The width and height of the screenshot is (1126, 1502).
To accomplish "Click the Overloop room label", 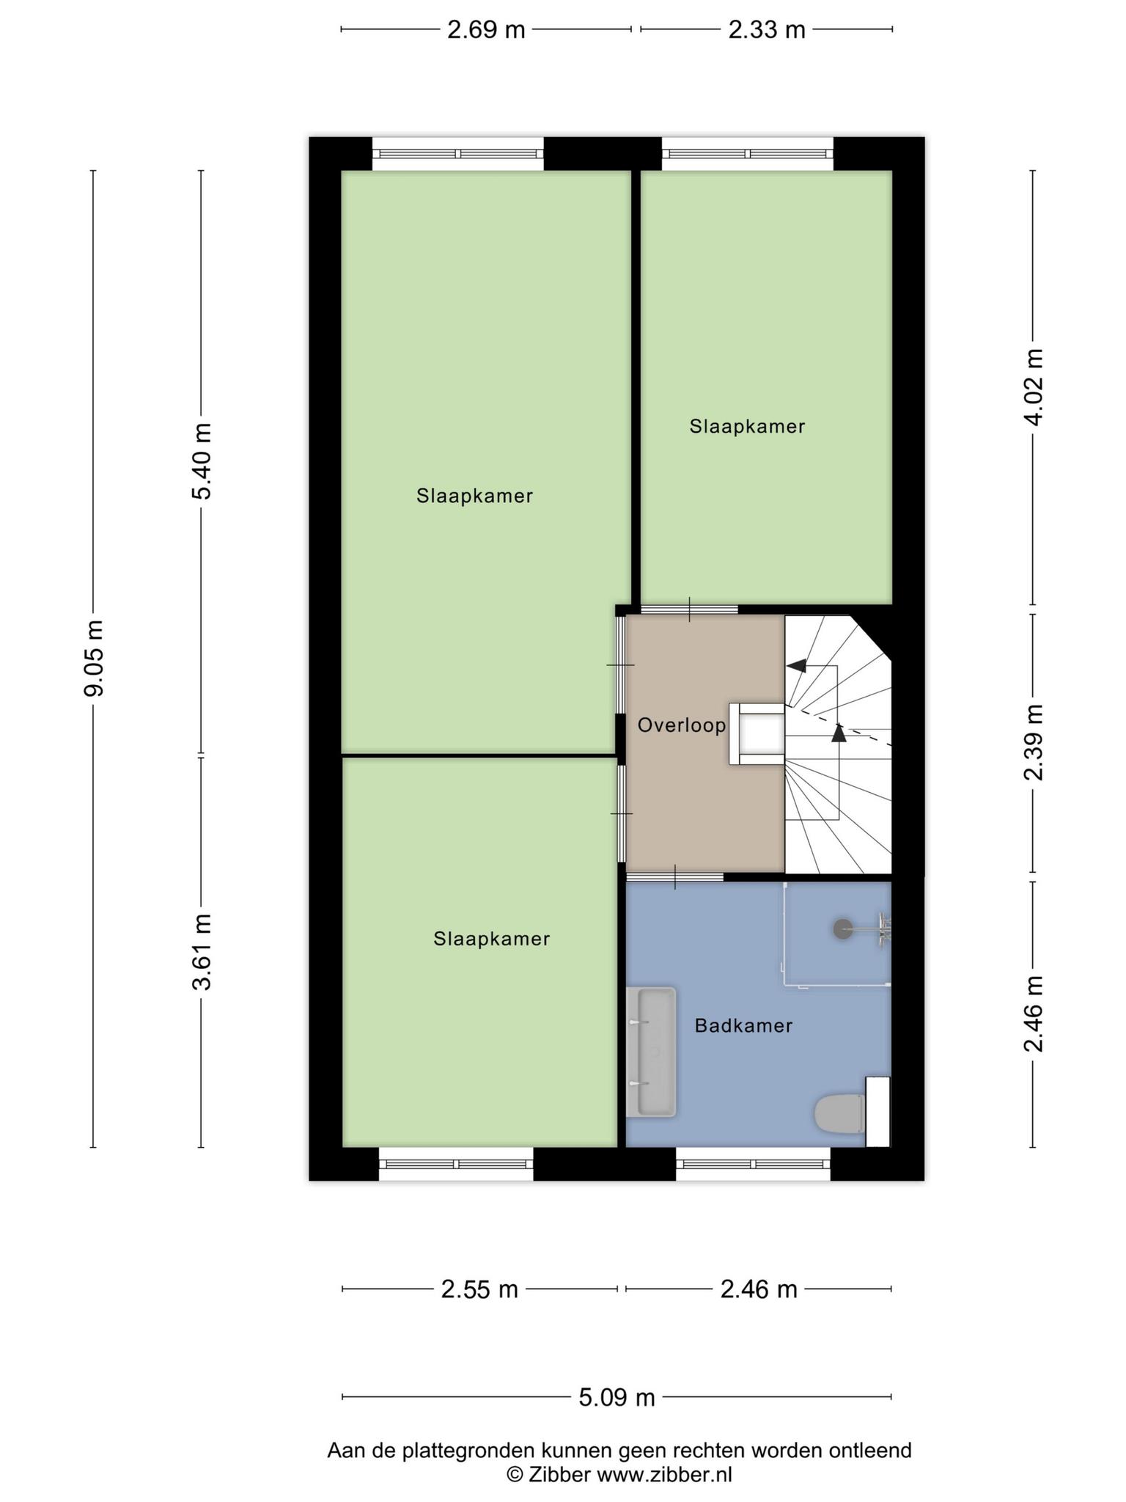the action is (681, 725).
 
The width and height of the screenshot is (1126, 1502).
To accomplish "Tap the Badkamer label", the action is (743, 1025).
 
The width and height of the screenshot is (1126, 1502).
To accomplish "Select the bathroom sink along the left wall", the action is (650, 1052).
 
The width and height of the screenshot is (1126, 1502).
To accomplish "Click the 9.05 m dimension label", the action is (94, 658).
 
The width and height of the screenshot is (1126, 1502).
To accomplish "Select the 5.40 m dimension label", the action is (202, 461).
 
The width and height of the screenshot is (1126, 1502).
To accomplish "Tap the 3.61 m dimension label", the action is (202, 952).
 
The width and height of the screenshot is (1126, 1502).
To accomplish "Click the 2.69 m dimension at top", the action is (486, 29).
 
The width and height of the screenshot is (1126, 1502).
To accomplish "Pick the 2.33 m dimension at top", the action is (766, 29).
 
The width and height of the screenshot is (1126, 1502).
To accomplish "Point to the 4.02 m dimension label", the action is (1034, 387).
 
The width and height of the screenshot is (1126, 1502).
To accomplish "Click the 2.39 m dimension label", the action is (1034, 742).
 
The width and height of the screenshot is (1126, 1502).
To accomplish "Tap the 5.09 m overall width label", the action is (617, 1398).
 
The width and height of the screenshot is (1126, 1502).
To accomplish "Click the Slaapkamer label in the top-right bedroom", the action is (747, 426).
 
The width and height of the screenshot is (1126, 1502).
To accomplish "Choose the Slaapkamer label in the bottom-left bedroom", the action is (491, 939).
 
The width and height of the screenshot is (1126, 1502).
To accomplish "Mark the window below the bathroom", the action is (753, 1164).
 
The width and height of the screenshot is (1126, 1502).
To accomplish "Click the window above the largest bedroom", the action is (458, 154).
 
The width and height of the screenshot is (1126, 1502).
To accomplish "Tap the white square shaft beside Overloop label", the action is (757, 734).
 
